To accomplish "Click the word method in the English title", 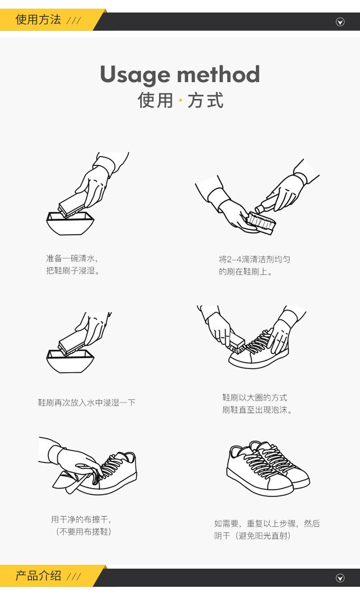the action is [219, 74].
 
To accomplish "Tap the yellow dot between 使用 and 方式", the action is [180, 100].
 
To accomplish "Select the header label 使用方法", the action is [38, 20].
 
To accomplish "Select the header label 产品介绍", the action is [38, 576].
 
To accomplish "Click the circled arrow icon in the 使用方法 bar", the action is [340, 22].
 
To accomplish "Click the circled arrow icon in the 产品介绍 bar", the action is [340, 578].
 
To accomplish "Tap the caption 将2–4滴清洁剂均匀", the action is [254, 259].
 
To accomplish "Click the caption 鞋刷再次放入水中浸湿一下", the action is [86, 402].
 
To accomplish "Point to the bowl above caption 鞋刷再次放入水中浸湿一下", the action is [70, 361].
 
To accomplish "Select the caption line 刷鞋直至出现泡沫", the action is [257, 410].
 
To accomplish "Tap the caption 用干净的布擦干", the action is [81, 520].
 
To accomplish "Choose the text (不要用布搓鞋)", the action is [84, 532].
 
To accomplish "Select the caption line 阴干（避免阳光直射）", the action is [252, 536].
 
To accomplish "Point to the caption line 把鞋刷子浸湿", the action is [72, 270].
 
